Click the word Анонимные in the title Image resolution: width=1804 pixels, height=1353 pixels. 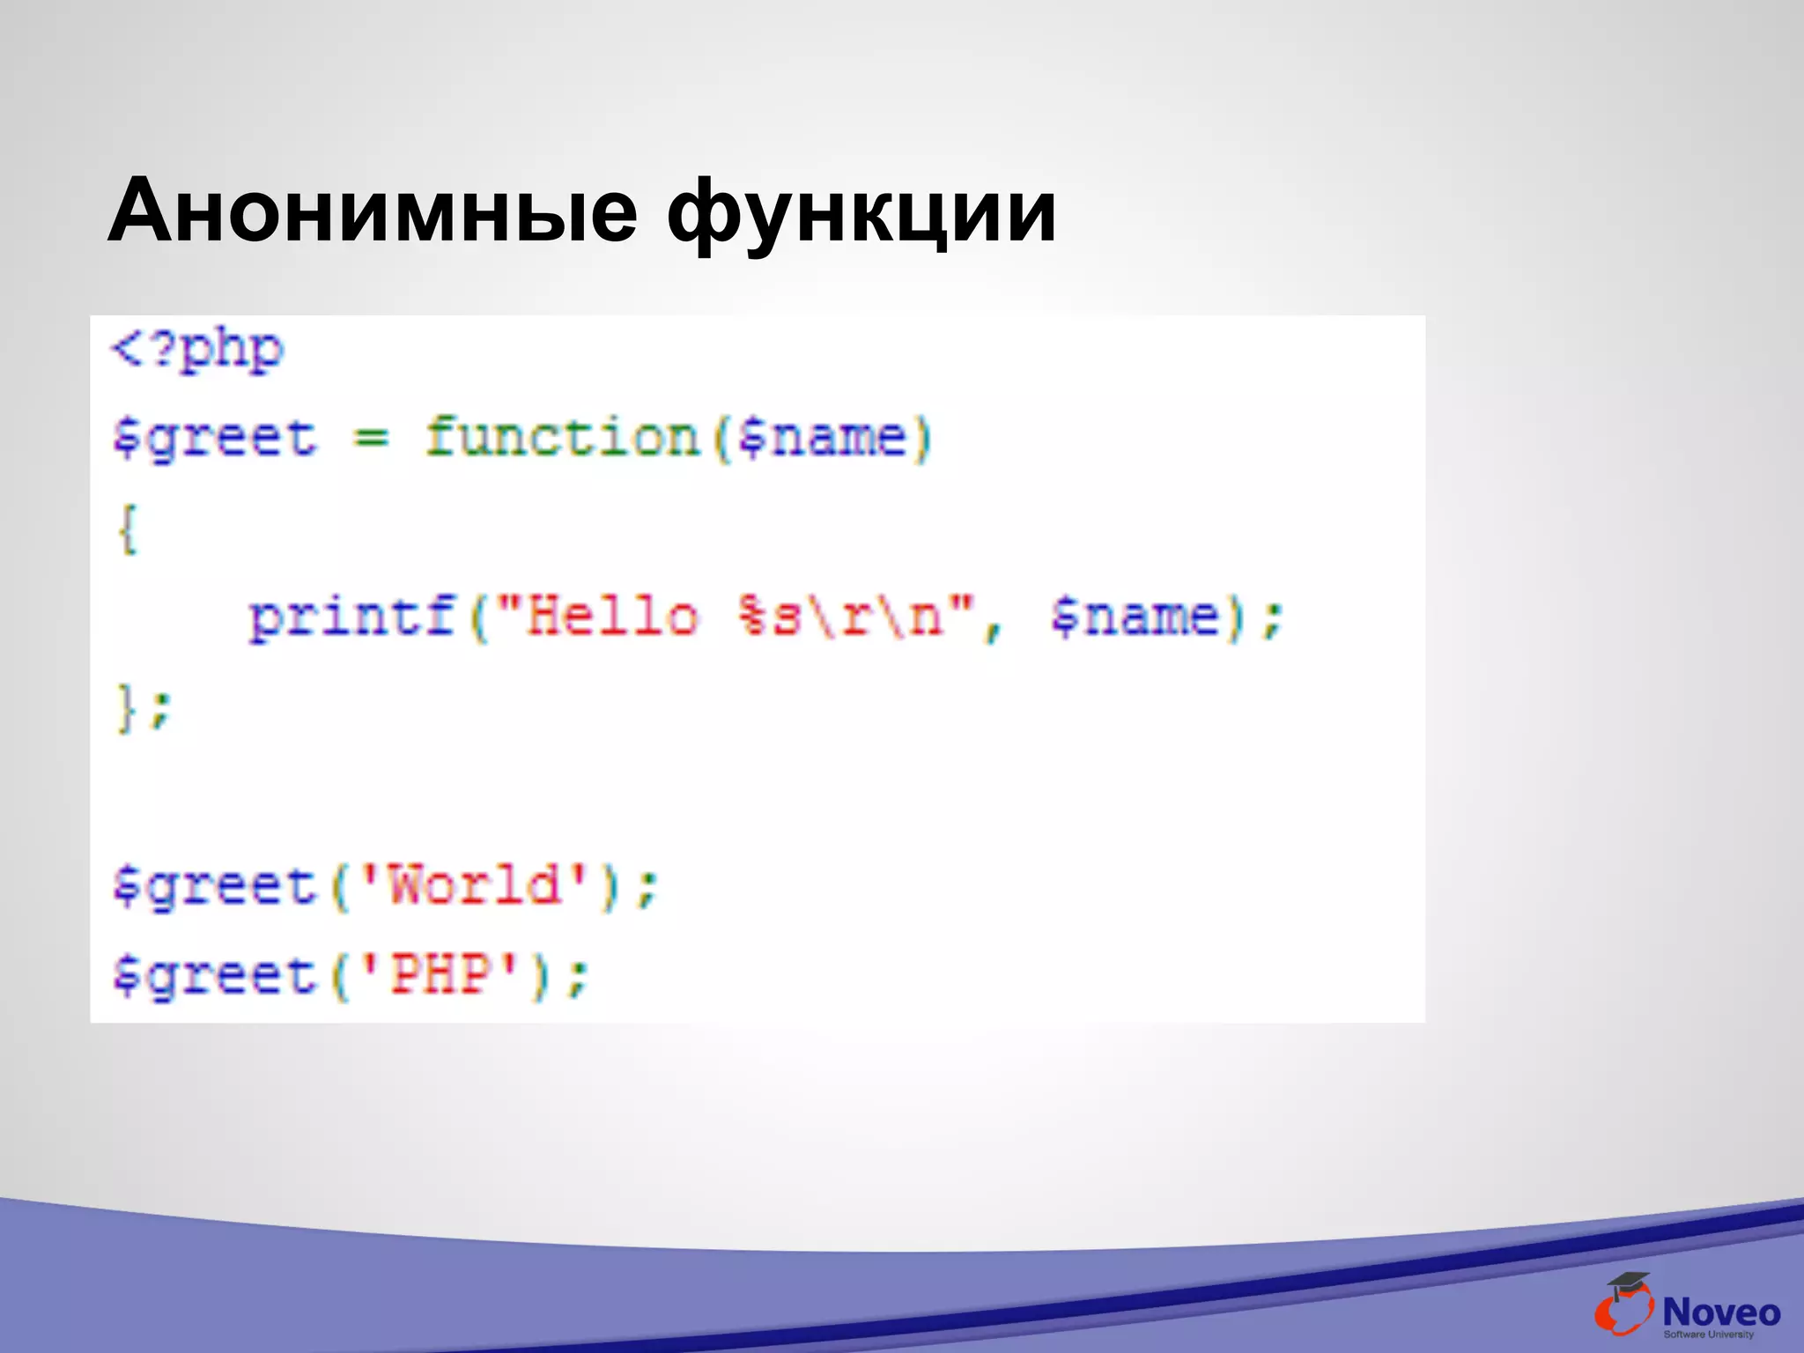[x=372, y=211]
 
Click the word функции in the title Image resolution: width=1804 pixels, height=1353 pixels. [x=860, y=213]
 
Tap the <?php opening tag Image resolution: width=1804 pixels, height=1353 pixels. [x=197, y=351]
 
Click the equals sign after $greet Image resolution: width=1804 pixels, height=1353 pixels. [x=371, y=437]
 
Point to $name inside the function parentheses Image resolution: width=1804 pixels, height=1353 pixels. [x=823, y=438]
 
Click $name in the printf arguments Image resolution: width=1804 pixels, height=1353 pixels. [x=1136, y=616]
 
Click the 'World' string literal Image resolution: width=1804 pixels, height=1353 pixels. [x=474, y=885]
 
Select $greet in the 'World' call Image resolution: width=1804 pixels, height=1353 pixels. [x=214, y=885]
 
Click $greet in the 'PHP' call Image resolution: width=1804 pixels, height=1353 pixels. [x=214, y=975]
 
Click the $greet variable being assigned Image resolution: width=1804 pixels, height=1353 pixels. [x=214, y=438]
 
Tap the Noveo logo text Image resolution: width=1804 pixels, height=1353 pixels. [x=1720, y=1312]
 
